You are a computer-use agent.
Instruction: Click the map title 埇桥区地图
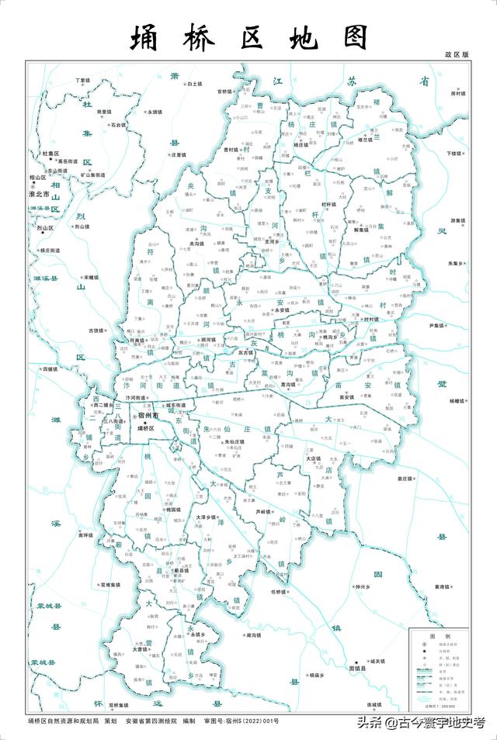click(x=248, y=37)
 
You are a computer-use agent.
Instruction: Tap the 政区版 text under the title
click(x=457, y=55)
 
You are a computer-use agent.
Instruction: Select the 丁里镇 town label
click(x=83, y=81)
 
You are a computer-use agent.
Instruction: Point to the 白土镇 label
click(x=193, y=84)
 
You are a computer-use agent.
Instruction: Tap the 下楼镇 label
click(x=456, y=154)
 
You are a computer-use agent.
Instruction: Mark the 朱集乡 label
click(x=457, y=264)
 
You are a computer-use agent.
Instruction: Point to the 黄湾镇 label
click(x=443, y=586)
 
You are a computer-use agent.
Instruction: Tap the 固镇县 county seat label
click(x=357, y=668)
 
